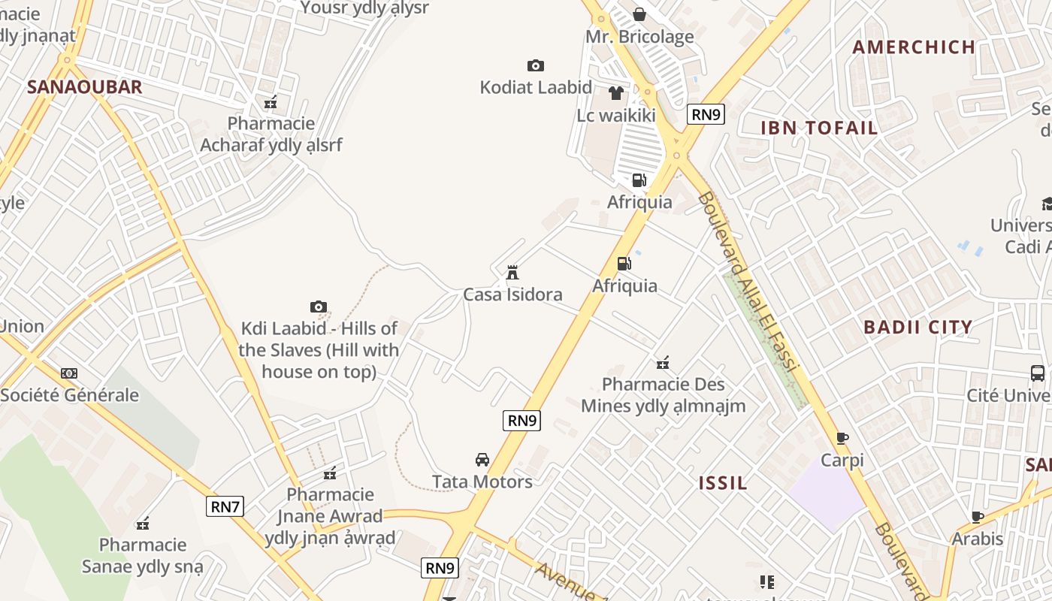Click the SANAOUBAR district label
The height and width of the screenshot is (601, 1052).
coord(84,87)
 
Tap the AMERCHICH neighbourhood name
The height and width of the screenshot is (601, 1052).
coord(914,47)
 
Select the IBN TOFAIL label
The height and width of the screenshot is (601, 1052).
coord(819,128)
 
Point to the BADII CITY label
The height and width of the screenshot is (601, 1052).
coord(917,328)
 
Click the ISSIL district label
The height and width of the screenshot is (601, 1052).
coord(723,483)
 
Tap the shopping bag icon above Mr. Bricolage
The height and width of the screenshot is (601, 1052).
coord(639,14)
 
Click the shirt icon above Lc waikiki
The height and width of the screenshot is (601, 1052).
coord(616,93)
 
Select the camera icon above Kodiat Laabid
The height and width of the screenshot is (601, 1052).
coord(536,66)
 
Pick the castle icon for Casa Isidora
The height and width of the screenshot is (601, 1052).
coord(512,272)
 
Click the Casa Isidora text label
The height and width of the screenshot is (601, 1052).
coord(512,294)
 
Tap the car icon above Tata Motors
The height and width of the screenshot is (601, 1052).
coord(482,460)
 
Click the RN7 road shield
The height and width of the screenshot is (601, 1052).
coord(225,506)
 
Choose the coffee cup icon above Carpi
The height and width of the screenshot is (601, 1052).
coord(842,438)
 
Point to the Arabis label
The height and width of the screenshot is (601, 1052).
coord(977,539)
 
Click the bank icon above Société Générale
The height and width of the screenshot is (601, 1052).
coord(69,373)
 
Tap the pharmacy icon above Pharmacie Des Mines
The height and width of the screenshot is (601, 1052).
coord(663,364)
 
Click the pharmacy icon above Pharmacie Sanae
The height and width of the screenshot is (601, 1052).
coord(143,524)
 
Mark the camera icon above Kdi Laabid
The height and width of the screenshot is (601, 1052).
coord(319,307)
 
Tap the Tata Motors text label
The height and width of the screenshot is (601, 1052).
coord(482,482)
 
